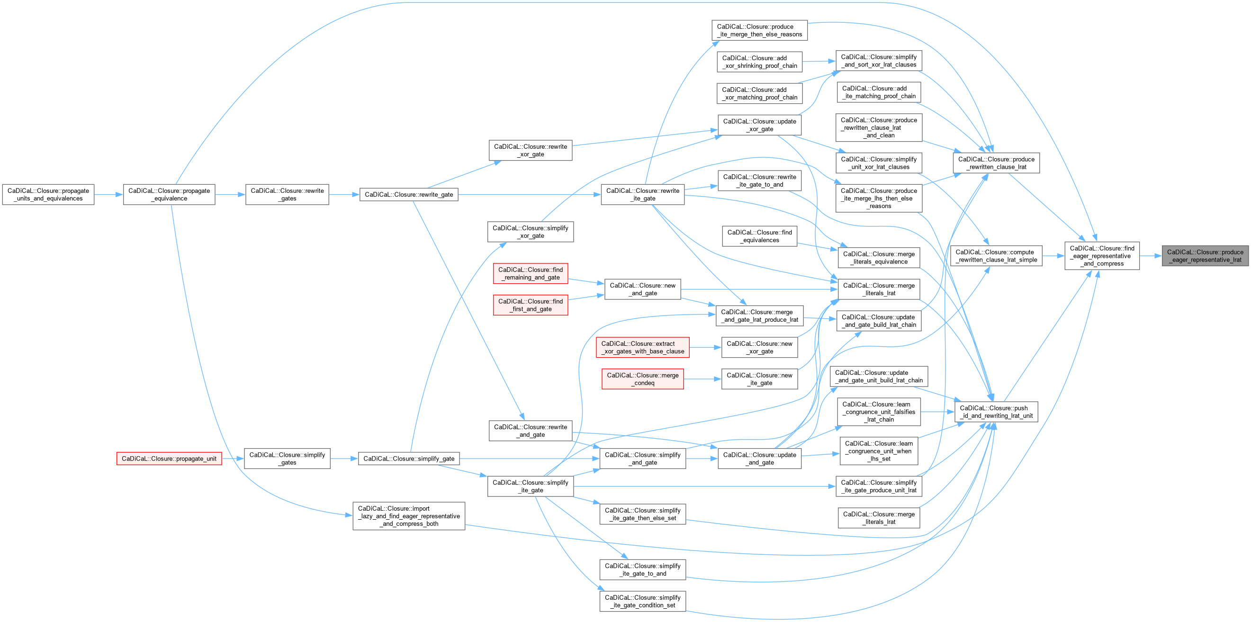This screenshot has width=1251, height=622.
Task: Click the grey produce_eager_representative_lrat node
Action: pos(1204,256)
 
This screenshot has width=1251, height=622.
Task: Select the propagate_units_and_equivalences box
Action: pos(48,195)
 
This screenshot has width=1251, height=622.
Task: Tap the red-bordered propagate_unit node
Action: pos(169,459)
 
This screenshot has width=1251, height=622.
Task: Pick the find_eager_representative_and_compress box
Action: pos(1102,256)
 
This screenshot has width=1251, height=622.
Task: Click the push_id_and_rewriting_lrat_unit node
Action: pos(996,412)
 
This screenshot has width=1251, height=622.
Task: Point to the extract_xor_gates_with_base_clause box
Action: pos(642,348)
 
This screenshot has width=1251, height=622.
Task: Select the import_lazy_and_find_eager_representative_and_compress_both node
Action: pos(408,516)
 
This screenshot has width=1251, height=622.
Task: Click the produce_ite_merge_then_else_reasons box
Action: pos(759,31)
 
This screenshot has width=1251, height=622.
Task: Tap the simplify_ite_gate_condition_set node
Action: pos(642,601)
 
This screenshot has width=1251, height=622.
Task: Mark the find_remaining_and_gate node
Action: pos(531,273)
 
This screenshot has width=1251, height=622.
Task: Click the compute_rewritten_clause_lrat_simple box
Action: pos(996,256)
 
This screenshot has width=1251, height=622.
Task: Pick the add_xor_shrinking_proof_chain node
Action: pos(759,62)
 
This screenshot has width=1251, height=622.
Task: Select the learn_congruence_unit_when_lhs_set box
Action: pos(879,451)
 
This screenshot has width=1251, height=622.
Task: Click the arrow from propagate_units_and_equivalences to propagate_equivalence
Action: pos(108,195)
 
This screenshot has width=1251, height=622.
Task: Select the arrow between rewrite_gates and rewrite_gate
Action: pos(344,195)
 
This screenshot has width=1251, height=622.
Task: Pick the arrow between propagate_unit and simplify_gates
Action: pos(233,459)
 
